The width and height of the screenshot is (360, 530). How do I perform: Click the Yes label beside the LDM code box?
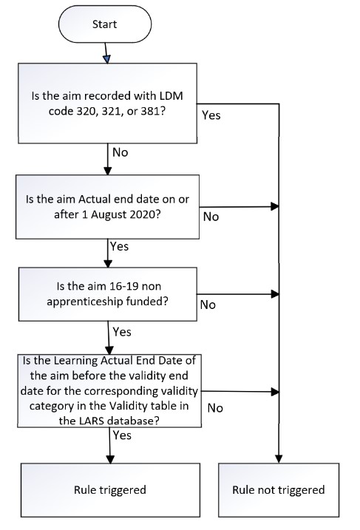coord(211,116)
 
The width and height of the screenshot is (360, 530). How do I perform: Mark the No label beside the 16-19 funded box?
coord(208,305)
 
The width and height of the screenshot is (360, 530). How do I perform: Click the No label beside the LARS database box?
coord(216,407)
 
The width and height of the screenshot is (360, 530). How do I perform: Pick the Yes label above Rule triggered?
coord(123,435)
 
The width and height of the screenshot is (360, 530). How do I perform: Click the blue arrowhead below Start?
coord(107,58)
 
